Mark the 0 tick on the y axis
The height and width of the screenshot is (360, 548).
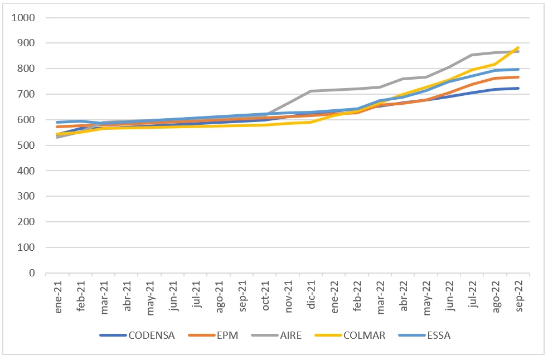[x=32, y=273]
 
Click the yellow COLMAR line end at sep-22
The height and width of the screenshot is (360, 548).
[x=518, y=48]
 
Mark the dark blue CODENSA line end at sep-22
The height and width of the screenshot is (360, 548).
[x=518, y=88]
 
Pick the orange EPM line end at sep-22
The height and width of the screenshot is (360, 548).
[x=518, y=77]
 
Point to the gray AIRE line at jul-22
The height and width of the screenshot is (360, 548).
[x=472, y=55]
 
